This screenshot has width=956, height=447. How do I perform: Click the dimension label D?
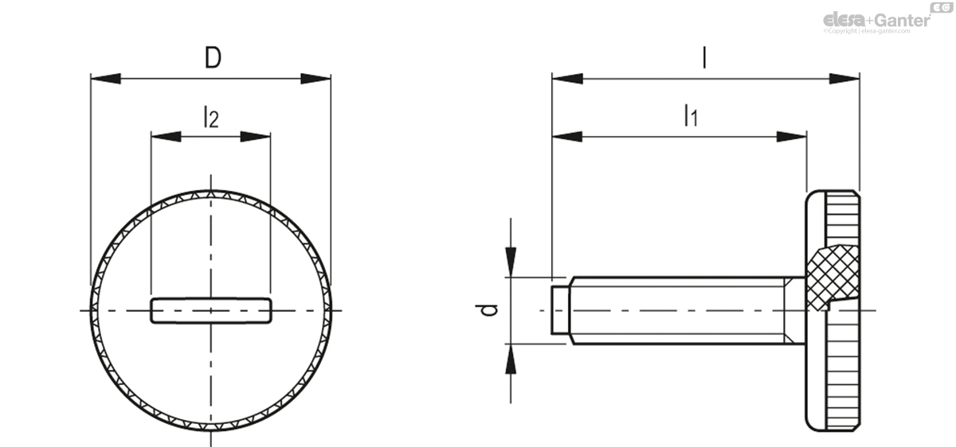(x=211, y=59)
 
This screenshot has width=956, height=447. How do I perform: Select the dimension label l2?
(x=210, y=117)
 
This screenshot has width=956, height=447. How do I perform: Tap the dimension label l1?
(x=690, y=116)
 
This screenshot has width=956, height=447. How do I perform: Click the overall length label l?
(x=704, y=58)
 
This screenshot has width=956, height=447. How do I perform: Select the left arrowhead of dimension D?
(x=105, y=79)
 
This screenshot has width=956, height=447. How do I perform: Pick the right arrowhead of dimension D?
(x=315, y=79)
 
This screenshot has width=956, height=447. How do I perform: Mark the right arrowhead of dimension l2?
(x=256, y=137)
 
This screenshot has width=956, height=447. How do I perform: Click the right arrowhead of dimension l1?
(x=792, y=137)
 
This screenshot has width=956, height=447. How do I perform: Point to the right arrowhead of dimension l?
(x=844, y=79)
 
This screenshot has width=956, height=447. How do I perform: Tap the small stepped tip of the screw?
(x=561, y=309)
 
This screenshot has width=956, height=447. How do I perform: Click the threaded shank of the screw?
(x=677, y=309)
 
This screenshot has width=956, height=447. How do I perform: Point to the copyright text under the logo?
(x=876, y=32)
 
